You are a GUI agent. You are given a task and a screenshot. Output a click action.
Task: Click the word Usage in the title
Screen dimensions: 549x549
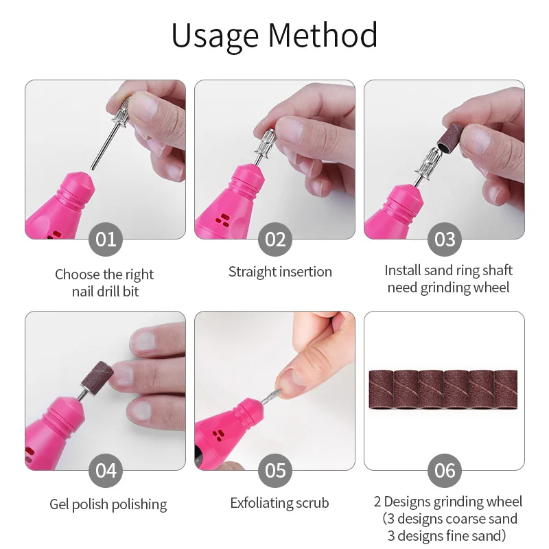(215, 36)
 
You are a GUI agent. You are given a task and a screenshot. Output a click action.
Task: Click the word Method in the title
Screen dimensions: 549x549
(323, 35)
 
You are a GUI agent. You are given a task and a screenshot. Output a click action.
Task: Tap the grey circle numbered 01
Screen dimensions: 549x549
(106, 240)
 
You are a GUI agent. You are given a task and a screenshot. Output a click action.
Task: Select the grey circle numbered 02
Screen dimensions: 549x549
(275, 240)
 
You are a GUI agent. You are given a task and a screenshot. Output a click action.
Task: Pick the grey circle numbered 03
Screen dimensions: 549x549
(445, 240)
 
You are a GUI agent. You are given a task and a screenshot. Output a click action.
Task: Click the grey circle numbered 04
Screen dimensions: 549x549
(106, 471)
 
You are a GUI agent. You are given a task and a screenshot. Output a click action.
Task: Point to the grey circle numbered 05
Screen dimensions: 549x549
(275, 471)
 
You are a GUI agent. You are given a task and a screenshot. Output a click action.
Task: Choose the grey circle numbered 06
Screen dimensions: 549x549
(445, 471)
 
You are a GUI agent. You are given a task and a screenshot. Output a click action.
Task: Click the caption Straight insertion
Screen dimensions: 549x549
(280, 272)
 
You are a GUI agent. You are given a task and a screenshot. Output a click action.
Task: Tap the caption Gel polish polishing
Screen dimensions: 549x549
(108, 504)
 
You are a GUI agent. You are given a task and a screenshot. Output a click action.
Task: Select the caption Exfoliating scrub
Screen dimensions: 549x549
(279, 503)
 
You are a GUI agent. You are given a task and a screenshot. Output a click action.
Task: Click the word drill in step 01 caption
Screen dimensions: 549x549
(106, 291)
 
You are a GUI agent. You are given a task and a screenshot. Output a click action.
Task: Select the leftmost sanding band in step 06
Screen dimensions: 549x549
(382, 389)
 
